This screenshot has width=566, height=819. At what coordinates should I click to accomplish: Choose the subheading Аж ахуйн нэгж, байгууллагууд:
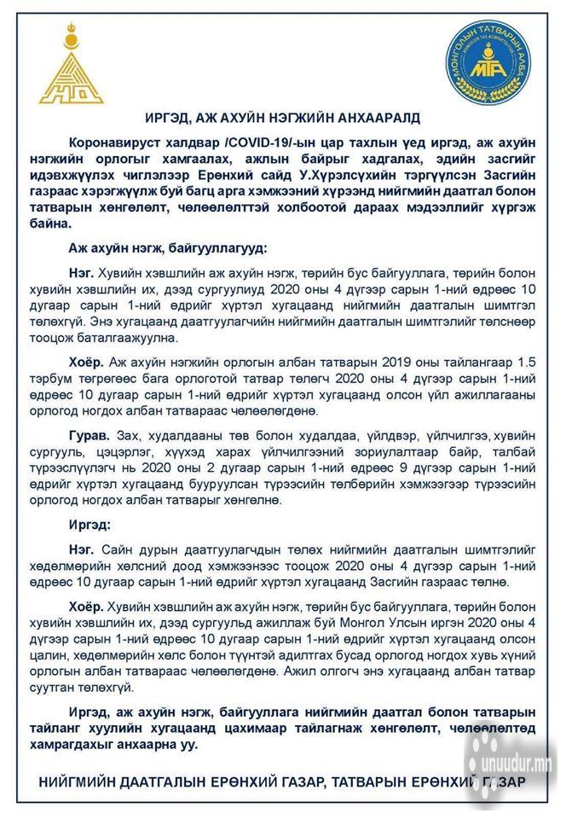click(x=167, y=247)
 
